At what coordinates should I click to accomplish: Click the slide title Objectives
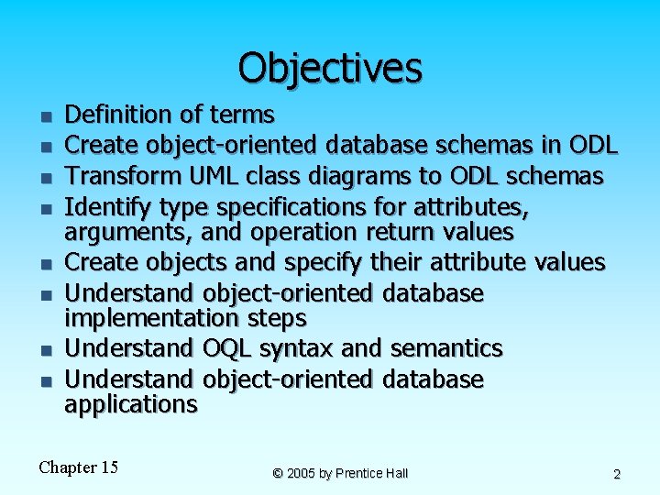(x=330, y=68)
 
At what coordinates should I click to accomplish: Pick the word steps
(x=273, y=318)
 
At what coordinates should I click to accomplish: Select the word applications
(x=130, y=404)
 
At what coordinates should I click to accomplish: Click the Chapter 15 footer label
(x=79, y=467)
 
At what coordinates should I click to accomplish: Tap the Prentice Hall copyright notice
(x=340, y=473)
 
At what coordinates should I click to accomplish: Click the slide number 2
(x=617, y=474)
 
